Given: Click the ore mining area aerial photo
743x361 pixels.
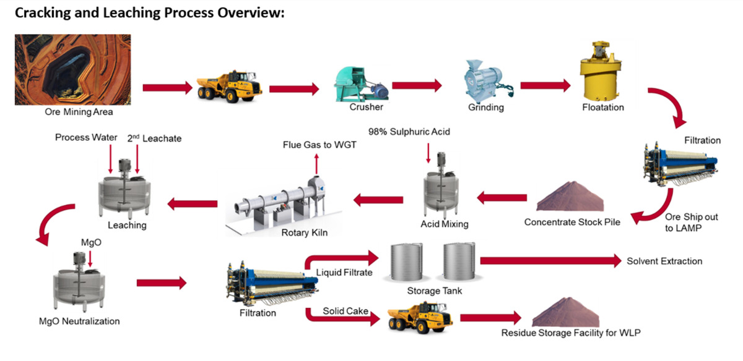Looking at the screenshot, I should coord(72,69).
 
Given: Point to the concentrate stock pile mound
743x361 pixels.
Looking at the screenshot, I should coord(569,198).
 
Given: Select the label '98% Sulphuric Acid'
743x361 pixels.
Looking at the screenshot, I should coord(409,132).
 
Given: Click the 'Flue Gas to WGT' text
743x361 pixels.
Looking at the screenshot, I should coord(316,144).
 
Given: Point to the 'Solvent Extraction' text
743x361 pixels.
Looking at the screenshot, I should coord(664,261).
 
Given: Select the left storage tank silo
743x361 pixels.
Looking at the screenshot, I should coord(407,262).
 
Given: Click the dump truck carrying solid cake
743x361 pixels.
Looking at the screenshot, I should coord(419,317).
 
